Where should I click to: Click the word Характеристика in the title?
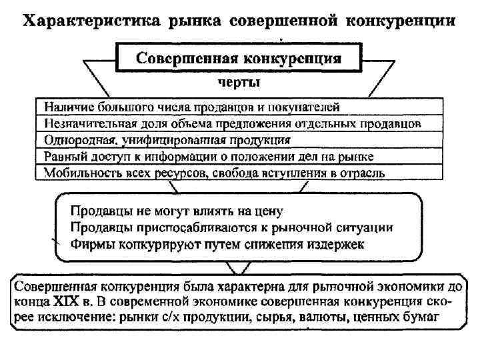(86, 21)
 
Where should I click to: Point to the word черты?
(239, 84)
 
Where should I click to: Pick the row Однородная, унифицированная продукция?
(167, 140)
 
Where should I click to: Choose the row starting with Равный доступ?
(208, 157)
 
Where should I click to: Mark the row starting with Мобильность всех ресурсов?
(213, 173)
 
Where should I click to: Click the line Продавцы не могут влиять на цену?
(177, 211)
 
